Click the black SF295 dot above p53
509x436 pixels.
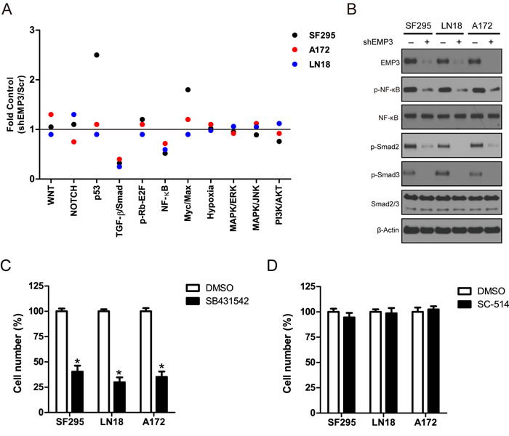(97, 54)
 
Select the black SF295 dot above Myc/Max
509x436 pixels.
(188, 89)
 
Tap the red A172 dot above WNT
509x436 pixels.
(51, 115)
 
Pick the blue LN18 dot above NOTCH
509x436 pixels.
(73, 115)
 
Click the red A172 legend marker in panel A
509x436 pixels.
(294, 49)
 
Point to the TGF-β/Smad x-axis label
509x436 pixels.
(119, 211)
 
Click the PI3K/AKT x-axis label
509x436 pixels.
(278, 206)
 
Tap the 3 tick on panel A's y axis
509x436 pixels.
(32, 30)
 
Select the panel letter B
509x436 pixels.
(351, 9)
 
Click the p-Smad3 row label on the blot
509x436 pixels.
(385, 175)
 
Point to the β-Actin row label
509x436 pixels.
(388, 230)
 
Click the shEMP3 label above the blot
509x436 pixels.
(378, 42)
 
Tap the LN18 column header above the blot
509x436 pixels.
(452, 25)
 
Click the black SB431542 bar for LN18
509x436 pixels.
(119, 397)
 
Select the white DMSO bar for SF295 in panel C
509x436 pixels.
(62, 361)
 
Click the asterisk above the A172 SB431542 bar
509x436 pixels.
(161, 367)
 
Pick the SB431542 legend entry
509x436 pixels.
(217, 301)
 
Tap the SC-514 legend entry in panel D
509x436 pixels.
(483, 304)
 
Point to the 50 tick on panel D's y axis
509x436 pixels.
(310, 363)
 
